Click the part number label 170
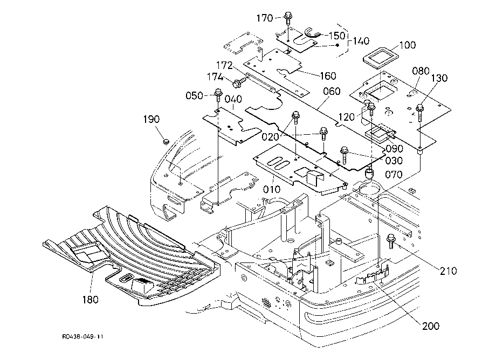265,18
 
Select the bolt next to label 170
288,18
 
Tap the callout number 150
336,36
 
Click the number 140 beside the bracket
361,41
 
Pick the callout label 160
328,76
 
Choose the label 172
224,65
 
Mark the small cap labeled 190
165,142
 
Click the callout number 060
332,91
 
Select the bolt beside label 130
420,113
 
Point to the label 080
421,71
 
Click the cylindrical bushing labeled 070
369,173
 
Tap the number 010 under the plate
272,189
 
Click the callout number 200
431,326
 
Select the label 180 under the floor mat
91,299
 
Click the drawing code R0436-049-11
83,337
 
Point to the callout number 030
394,161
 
